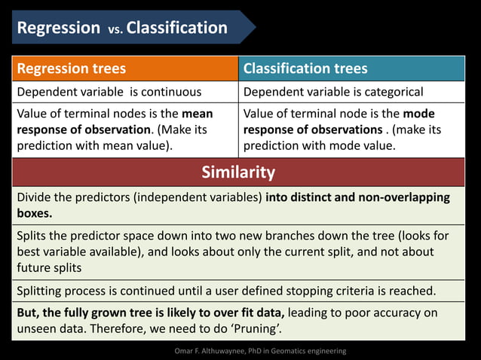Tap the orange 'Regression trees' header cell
point(125,69)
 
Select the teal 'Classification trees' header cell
point(351,69)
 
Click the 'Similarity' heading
point(238,172)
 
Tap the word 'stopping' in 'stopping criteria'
point(332,290)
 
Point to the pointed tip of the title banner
point(255,28)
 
